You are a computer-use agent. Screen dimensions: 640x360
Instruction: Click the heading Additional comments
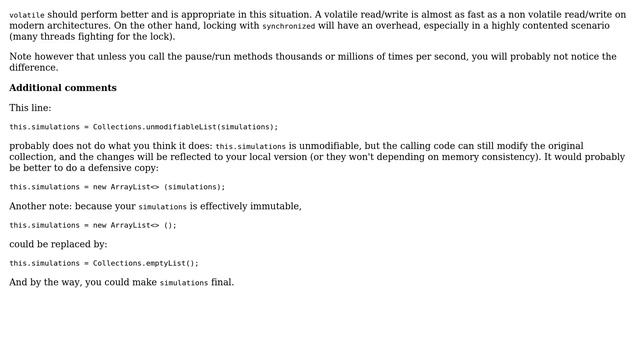point(63,88)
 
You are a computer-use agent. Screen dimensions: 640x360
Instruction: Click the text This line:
point(30,108)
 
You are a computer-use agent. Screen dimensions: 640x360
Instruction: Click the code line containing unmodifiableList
point(144,127)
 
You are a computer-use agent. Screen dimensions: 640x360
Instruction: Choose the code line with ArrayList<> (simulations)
point(117,187)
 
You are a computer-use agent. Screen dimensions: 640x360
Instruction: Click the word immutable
point(270,206)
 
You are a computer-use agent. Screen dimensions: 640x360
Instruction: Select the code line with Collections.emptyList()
point(104,264)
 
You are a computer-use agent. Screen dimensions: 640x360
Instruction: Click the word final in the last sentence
point(222,283)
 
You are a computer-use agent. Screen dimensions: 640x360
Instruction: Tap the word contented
point(526,26)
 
